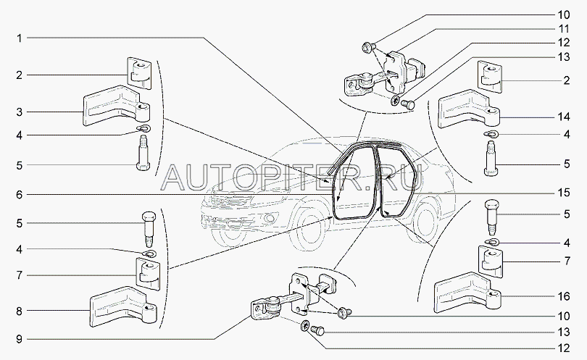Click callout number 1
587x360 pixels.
20,38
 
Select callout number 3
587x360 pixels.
20,112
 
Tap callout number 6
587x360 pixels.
20,195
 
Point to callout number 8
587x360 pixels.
20,311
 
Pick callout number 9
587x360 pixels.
20,340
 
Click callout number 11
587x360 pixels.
563,29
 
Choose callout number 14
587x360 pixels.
563,117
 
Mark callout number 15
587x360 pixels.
563,193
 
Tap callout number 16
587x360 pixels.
563,296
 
